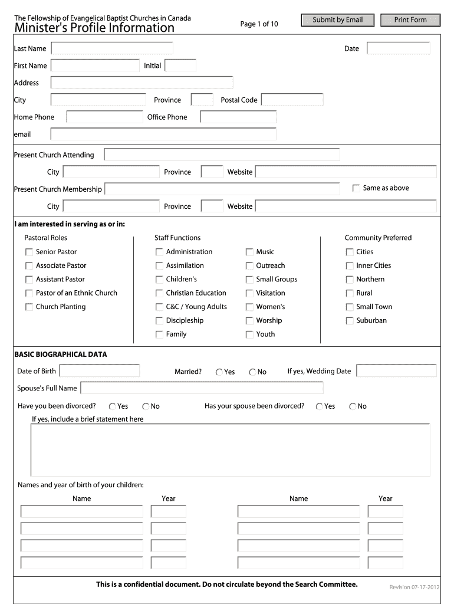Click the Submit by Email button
[x=337, y=20]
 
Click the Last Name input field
[x=112, y=48]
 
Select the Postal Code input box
[x=292, y=100]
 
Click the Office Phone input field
[x=238, y=117]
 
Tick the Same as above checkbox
[x=356, y=188]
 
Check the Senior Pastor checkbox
[x=29, y=252]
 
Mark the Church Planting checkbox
[x=29, y=307]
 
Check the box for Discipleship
[x=159, y=321]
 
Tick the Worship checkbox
[x=249, y=321]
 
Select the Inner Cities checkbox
[x=350, y=266]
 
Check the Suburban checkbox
[x=350, y=321]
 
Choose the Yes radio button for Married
[x=219, y=372]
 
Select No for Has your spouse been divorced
[x=353, y=406]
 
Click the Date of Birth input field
[x=100, y=371]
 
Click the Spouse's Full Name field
[x=202, y=388]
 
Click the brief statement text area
[x=230, y=449]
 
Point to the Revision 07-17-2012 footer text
[x=414, y=587]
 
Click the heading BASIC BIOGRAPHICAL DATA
[x=61, y=354]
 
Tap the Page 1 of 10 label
[x=259, y=24]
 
